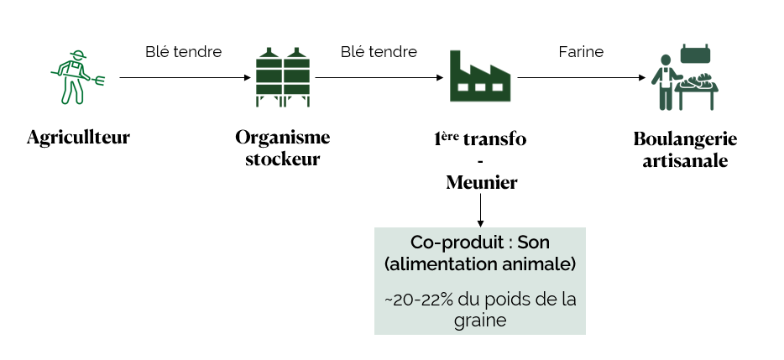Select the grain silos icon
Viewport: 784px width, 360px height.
283,76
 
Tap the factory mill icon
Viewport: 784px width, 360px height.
479,76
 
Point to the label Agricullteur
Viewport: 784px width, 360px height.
78,137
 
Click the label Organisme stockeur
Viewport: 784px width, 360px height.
283,148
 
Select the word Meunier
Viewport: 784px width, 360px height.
479,182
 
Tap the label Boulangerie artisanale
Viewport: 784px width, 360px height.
684,149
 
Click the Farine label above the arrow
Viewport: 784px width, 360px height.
581,52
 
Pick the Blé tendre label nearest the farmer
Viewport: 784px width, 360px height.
184,52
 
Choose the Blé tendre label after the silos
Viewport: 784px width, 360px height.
379,52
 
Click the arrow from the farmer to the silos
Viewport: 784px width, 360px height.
185,77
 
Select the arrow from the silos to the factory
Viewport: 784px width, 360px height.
379,77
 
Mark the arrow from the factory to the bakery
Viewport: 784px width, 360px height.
581,77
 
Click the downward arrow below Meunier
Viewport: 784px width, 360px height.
480,210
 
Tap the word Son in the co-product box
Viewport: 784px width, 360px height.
532,243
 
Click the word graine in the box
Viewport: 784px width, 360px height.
479,321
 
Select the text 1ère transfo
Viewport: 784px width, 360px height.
479,138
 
